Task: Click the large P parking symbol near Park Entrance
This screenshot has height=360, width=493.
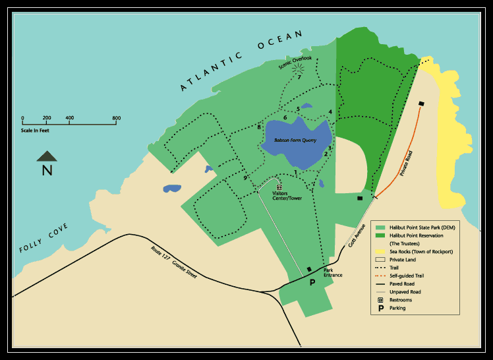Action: pyautogui.click(x=313, y=282)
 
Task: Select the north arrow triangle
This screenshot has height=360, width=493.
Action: pyautogui.click(x=47, y=156)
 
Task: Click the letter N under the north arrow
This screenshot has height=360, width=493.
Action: pyautogui.click(x=47, y=171)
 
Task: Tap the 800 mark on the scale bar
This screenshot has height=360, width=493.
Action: pyautogui.click(x=117, y=119)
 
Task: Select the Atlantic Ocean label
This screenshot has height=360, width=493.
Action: pyautogui.click(x=242, y=60)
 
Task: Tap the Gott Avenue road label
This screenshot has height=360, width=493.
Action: pyautogui.click(x=357, y=236)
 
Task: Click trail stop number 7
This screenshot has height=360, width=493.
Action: pyautogui.click(x=299, y=77)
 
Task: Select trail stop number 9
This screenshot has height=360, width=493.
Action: pyautogui.click(x=245, y=178)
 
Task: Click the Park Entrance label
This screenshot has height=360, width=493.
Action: pyautogui.click(x=333, y=272)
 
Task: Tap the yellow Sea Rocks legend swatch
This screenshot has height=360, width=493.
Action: pyautogui.click(x=380, y=252)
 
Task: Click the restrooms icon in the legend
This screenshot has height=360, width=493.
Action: pyautogui.click(x=380, y=299)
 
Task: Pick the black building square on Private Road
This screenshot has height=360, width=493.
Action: pyautogui.click(x=420, y=103)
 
